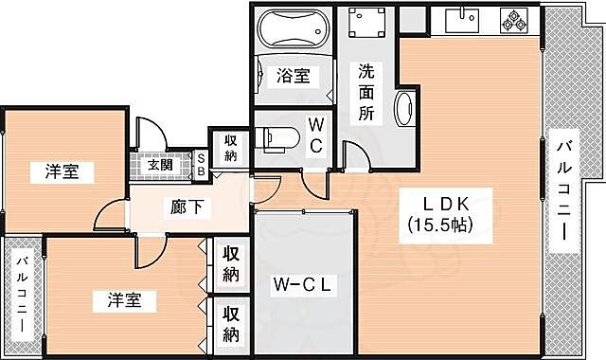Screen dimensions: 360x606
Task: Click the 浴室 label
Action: point(292,77)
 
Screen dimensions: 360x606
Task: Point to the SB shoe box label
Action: point(202,163)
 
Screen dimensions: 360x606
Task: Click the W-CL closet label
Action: point(300,283)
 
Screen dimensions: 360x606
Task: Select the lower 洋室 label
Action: point(124,300)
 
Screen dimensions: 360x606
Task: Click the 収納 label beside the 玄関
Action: point(231,148)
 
